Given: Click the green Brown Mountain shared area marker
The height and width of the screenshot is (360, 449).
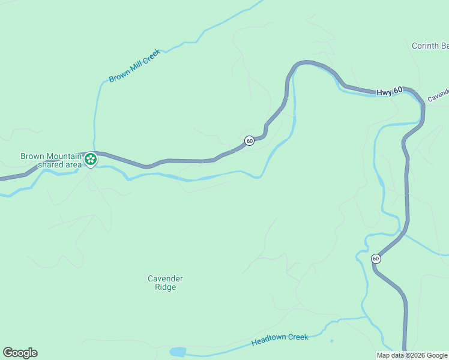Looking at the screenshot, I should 91,160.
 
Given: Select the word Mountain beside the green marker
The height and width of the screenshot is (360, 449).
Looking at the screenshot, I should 64,156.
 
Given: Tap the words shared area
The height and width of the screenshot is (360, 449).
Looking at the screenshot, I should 59,164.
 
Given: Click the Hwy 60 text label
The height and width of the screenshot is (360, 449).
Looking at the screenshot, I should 389,92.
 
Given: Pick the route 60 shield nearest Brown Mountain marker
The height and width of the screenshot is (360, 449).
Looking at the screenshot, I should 249,140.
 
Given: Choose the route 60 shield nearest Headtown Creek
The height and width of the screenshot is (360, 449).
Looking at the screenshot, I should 376,259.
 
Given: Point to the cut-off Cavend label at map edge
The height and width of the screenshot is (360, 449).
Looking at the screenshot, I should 438,96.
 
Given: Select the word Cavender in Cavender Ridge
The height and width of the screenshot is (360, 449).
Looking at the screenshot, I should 165,278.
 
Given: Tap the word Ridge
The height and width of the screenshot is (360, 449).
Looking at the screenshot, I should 165,287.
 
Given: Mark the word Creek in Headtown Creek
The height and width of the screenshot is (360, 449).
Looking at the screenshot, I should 298,337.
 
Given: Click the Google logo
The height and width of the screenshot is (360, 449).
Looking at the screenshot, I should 20,353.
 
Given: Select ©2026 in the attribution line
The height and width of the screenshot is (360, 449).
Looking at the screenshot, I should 417,355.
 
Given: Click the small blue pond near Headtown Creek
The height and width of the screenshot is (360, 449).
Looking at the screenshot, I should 178,352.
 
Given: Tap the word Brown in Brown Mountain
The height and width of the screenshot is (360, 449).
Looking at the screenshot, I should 32,156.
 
